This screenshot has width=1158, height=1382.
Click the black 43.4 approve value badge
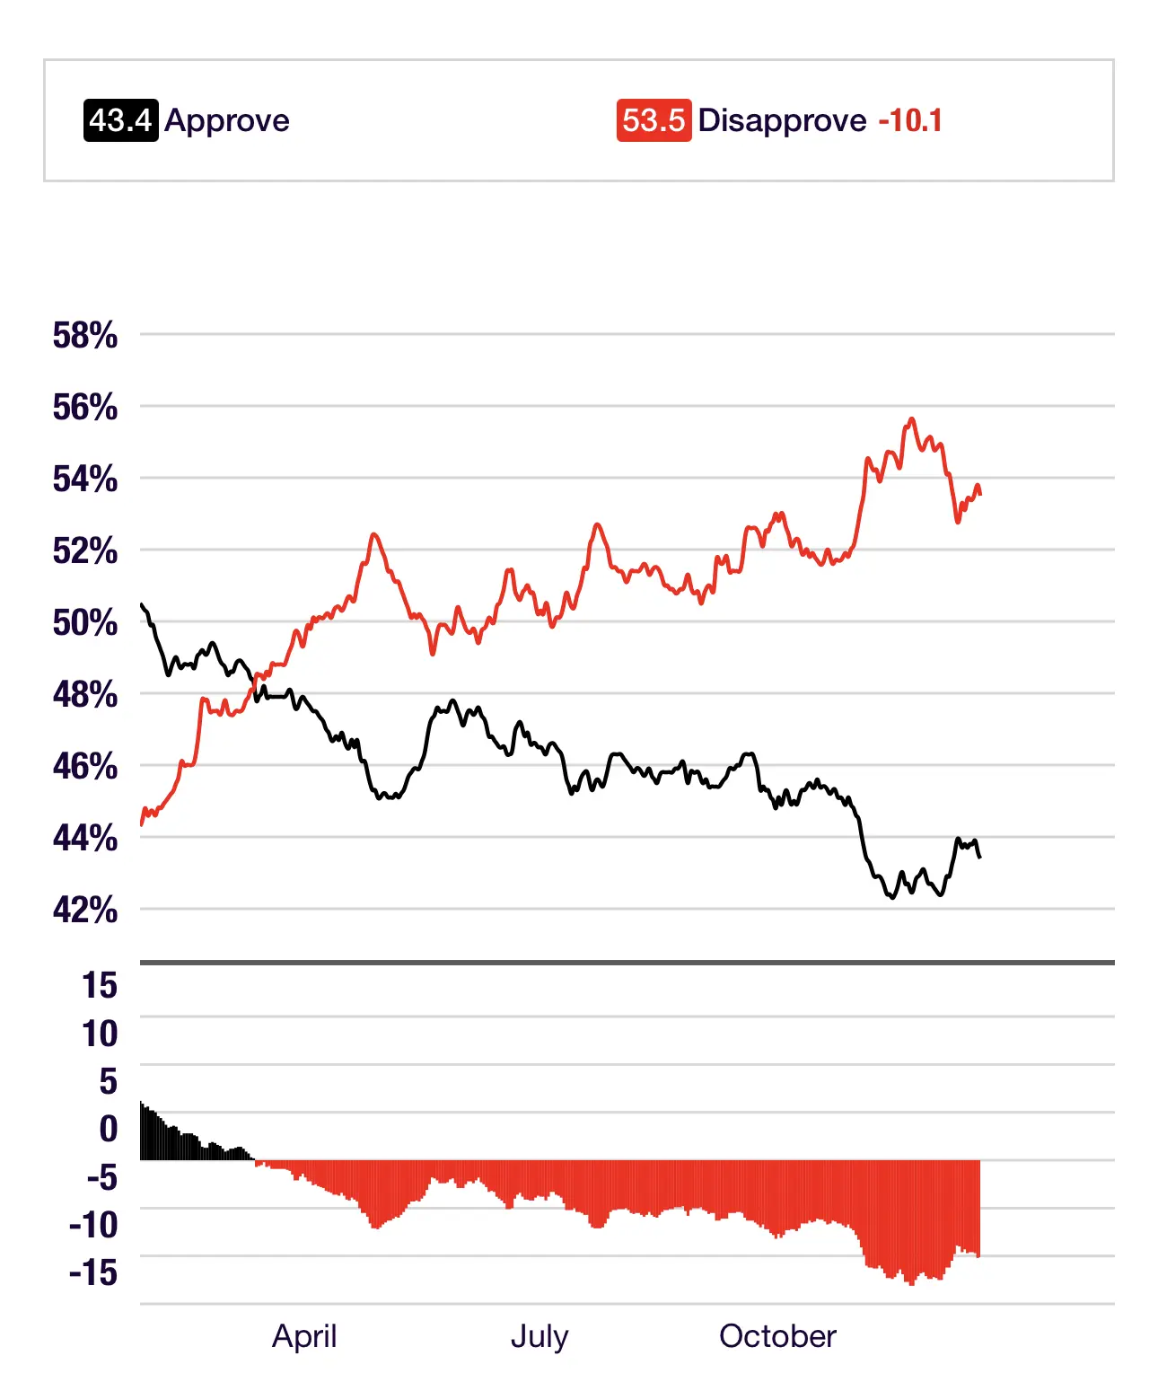[121, 120]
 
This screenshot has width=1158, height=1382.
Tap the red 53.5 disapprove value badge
[654, 120]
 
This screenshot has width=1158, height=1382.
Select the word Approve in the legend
[227, 120]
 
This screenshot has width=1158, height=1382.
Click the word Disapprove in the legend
[782, 120]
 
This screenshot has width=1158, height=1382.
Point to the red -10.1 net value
[910, 120]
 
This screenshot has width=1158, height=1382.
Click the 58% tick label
[85, 336]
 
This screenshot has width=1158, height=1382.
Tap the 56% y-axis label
[85, 408]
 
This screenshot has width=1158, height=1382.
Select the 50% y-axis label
[85, 623]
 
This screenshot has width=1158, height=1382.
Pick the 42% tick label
[85, 911]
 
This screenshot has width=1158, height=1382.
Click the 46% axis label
[85, 767]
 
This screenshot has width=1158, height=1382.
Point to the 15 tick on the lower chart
[100, 986]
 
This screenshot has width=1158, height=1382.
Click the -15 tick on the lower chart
[93, 1272]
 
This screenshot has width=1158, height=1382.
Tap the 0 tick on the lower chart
[109, 1129]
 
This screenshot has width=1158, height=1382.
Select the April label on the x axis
[304, 1336]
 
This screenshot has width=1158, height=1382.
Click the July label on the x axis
[540, 1336]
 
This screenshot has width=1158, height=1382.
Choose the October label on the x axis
[777, 1336]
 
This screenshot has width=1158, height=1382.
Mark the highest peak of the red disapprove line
[912, 419]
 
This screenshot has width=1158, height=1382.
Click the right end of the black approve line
[979, 857]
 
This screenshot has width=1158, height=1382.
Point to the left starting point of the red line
[142, 823]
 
